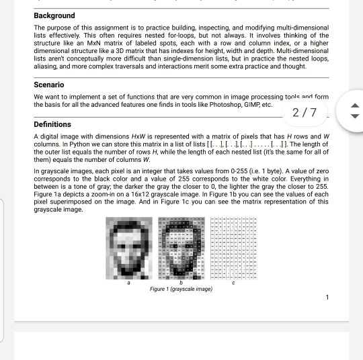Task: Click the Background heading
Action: [54, 15]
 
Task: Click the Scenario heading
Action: [49, 85]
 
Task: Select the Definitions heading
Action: [52, 124]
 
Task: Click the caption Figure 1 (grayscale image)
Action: [181, 289]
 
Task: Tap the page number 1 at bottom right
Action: [327, 297]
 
